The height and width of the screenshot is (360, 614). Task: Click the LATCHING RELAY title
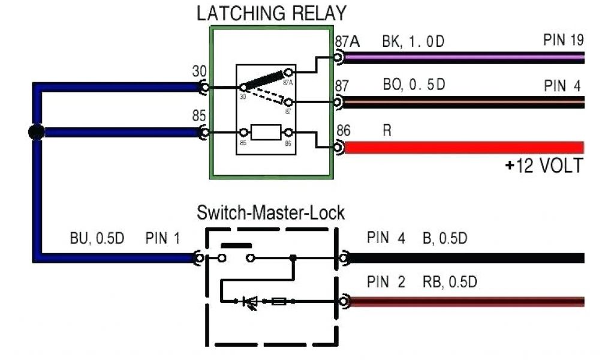[x=271, y=13]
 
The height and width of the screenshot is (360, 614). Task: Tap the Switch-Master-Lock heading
[x=270, y=212]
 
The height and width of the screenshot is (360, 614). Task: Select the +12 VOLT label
[x=543, y=165]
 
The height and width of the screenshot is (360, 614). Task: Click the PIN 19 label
[x=563, y=41]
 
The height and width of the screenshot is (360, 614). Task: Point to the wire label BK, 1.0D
[x=414, y=42]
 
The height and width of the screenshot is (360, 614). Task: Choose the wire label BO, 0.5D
[x=414, y=85]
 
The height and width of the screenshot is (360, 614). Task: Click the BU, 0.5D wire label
[x=97, y=239]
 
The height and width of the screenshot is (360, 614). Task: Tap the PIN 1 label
[x=162, y=239]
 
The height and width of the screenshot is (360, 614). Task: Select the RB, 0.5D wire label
[x=450, y=281]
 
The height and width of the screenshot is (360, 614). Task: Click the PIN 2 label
[x=386, y=281]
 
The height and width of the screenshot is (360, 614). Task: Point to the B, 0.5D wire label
[x=444, y=239]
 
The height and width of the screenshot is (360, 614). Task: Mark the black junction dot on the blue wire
[x=37, y=132]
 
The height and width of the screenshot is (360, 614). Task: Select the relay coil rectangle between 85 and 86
[x=266, y=132]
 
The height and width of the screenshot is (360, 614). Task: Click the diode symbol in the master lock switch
[x=248, y=302]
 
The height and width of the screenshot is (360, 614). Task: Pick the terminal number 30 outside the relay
[x=199, y=71]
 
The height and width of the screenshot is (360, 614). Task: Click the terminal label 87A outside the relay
[x=346, y=42]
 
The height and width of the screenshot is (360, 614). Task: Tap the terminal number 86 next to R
[x=344, y=131]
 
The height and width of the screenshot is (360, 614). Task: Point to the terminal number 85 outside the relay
[x=199, y=116]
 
